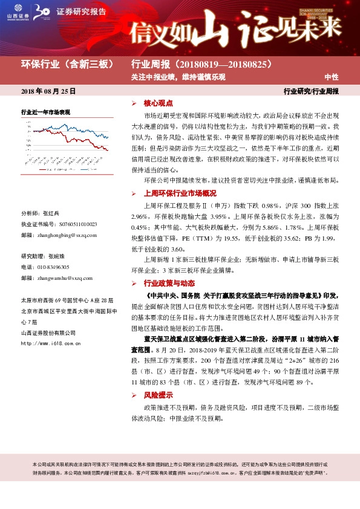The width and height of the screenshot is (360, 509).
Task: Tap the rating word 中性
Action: [x=331, y=77]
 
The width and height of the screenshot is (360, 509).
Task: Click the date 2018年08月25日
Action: [x=48, y=92]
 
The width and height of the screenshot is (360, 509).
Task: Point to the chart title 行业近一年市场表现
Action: [x=45, y=112]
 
